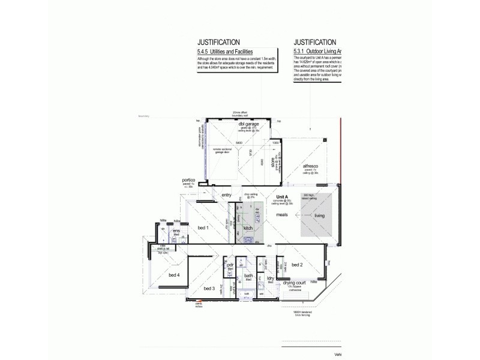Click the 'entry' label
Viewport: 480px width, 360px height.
pyautogui.click(x=226, y=194)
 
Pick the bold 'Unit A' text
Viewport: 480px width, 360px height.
pyautogui.click(x=283, y=197)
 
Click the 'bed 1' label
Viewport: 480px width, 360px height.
pyautogui.click(x=203, y=227)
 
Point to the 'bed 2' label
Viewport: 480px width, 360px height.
pyautogui.click(x=297, y=264)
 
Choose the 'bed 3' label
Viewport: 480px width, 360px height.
pyautogui.click(x=209, y=289)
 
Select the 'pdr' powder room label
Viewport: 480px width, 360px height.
pyautogui.click(x=230, y=265)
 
